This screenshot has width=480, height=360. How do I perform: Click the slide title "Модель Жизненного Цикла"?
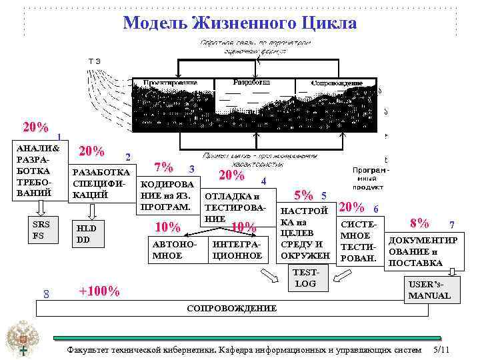(240, 23)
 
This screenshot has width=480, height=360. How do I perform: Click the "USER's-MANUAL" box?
(430, 289)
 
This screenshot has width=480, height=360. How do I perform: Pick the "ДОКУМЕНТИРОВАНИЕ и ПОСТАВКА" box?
(423, 251)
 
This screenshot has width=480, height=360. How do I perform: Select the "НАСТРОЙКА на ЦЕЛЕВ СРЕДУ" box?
(305, 233)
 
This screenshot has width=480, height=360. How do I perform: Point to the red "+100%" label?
(99, 291)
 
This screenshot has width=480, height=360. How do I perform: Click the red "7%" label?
(163, 167)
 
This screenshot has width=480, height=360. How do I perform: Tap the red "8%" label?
(420, 222)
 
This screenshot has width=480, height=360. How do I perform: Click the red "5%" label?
(304, 195)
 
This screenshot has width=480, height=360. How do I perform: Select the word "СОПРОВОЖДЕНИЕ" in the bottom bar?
(231, 309)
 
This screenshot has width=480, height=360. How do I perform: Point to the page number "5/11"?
(442, 350)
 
